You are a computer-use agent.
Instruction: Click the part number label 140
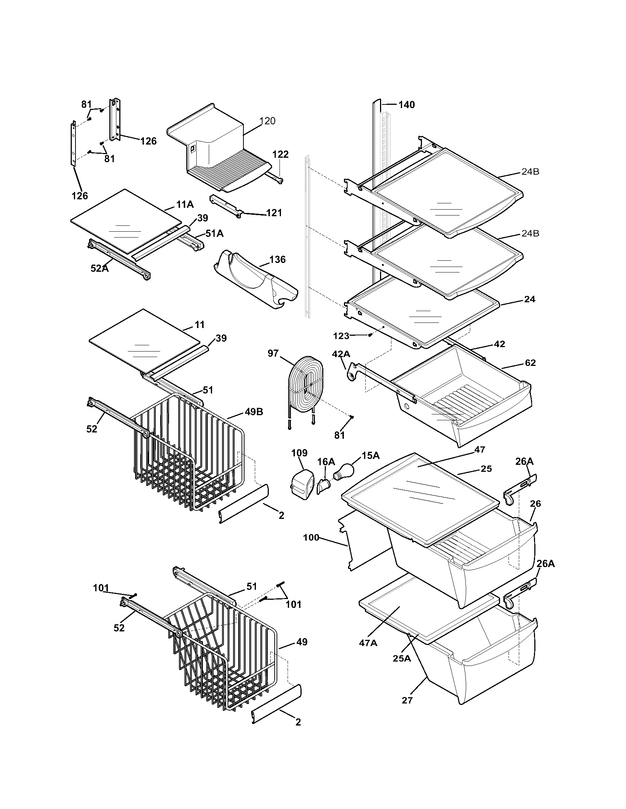pyautogui.click(x=407, y=105)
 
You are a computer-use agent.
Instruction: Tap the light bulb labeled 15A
pyautogui.click(x=344, y=472)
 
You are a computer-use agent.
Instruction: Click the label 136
pyautogui.click(x=277, y=259)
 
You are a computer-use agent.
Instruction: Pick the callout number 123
pyautogui.click(x=341, y=336)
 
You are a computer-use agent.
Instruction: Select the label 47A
pyautogui.click(x=368, y=643)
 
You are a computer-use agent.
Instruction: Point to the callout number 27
pyautogui.click(x=407, y=700)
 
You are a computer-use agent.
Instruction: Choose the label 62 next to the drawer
pyautogui.click(x=530, y=363)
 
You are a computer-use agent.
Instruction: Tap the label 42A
pyautogui.click(x=341, y=354)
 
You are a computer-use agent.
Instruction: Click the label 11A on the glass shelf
pyautogui.click(x=185, y=204)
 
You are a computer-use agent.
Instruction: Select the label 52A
pyautogui.click(x=99, y=268)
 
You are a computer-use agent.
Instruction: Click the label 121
pyautogui.click(x=274, y=213)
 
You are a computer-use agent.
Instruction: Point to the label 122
pyautogui.click(x=280, y=154)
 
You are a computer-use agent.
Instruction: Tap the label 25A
pyautogui.click(x=402, y=658)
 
